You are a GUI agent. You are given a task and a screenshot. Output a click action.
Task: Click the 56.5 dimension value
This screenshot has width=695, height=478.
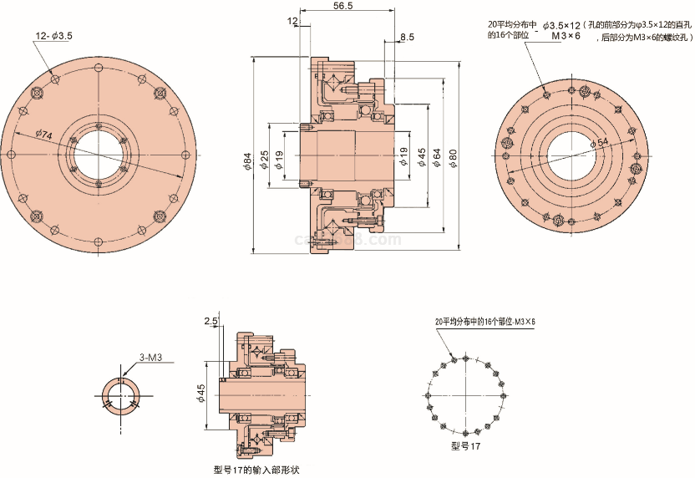(342, 6)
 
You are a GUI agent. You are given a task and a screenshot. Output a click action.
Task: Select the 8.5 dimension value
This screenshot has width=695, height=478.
(407, 38)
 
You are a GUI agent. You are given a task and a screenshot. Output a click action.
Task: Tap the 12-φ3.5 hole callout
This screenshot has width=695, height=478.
(53, 36)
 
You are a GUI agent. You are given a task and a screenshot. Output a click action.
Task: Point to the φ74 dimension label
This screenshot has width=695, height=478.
(44, 135)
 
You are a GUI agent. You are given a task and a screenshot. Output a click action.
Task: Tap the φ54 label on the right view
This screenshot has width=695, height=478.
(599, 143)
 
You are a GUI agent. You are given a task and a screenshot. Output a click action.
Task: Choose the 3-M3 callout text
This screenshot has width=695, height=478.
(150, 358)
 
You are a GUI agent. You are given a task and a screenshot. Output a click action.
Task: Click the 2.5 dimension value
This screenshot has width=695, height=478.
(211, 321)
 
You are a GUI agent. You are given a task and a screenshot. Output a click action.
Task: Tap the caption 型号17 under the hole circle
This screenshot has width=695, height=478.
(465, 447)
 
